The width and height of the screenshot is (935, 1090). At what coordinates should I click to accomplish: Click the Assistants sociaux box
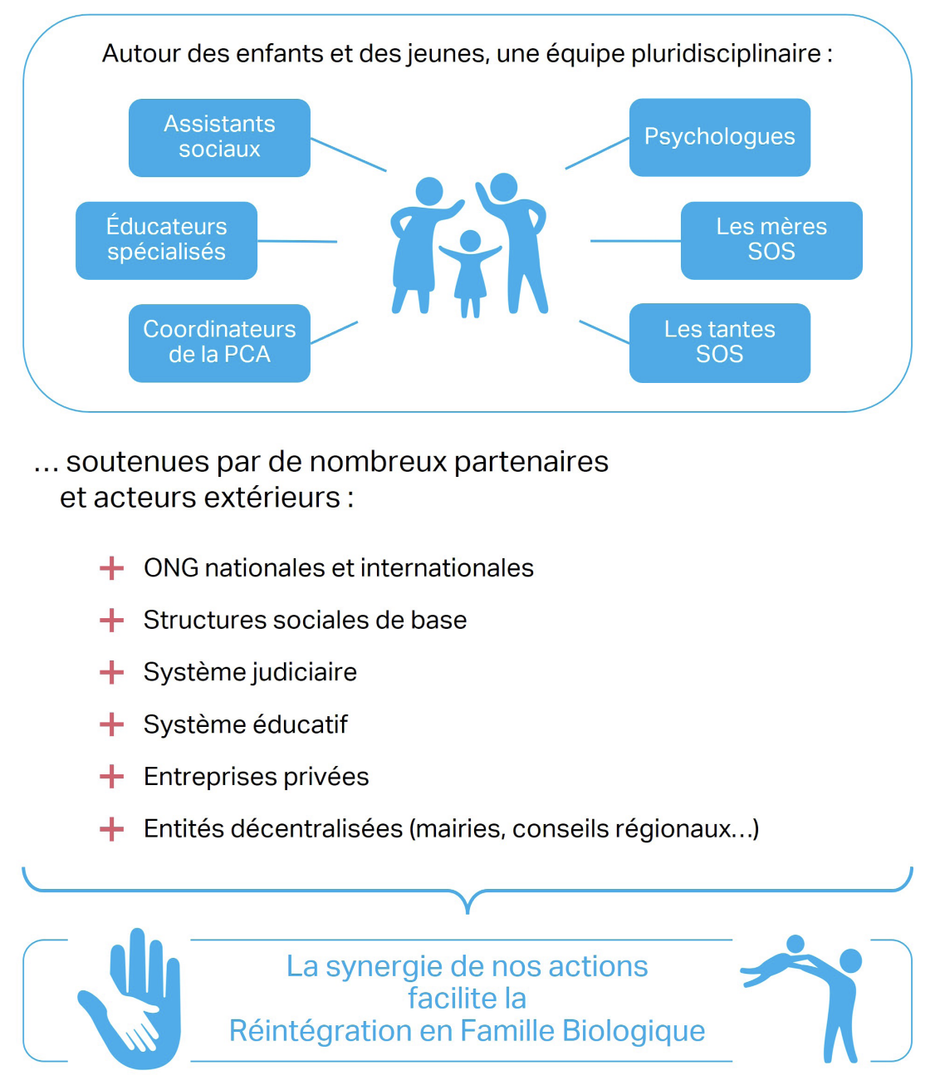point(219,137)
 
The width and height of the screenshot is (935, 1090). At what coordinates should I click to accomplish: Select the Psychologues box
point(719,137)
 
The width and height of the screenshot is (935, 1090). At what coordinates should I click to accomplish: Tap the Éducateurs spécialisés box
point(166,240)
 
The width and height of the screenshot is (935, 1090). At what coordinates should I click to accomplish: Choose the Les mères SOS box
point(771,240)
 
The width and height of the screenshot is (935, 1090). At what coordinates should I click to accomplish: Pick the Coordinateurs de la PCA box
point(219,342)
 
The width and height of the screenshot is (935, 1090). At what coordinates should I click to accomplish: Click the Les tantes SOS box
point(719,342)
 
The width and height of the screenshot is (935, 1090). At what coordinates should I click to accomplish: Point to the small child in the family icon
point(470,270)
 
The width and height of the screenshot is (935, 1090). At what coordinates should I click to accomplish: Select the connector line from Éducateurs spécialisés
point(297,241)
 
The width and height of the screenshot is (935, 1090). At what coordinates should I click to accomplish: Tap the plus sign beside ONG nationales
point(111,568)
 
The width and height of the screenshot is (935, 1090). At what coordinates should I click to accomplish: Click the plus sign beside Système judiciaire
point(111,672)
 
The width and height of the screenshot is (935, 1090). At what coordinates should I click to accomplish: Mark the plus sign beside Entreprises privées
point(111,777)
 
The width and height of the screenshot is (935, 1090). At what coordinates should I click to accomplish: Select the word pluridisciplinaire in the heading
point(726,54)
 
